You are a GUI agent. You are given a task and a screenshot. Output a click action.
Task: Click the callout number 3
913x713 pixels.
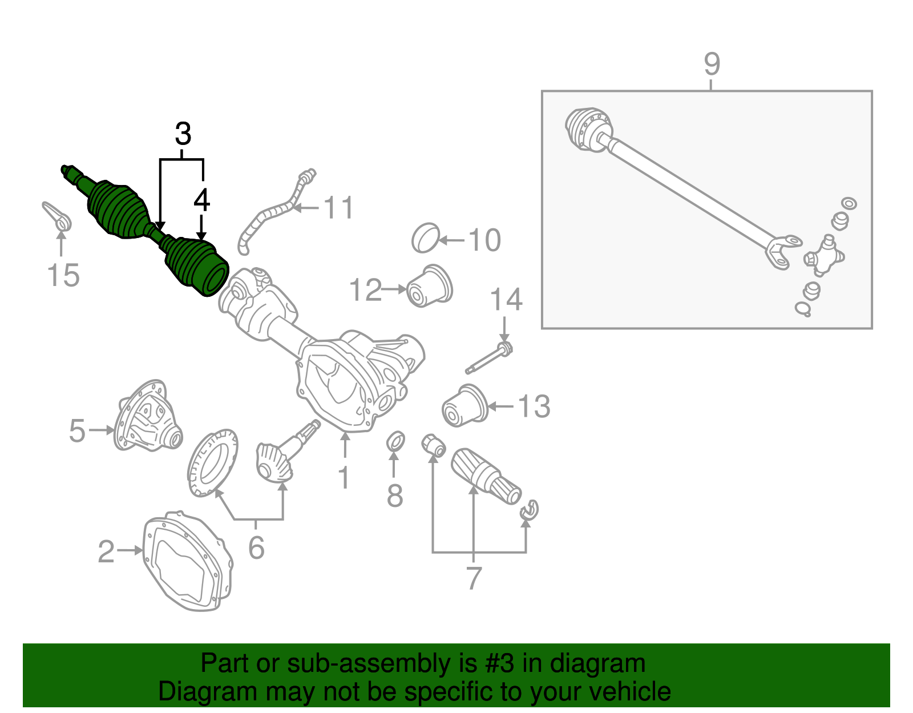(183, 135)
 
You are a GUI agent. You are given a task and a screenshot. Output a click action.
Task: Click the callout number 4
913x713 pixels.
(201, 200)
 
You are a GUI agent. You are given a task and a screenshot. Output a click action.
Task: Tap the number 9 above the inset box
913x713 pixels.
(712, 64)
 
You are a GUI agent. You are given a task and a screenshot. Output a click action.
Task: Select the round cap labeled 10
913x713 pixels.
(425, 238)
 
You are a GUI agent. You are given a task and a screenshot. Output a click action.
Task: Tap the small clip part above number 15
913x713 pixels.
(57, 217)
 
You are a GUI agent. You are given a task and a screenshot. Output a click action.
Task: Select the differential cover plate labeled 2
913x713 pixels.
(187, 562)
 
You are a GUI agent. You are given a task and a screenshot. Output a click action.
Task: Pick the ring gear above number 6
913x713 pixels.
(212, 463)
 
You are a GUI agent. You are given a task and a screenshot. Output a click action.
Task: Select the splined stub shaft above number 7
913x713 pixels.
(485, 476)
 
